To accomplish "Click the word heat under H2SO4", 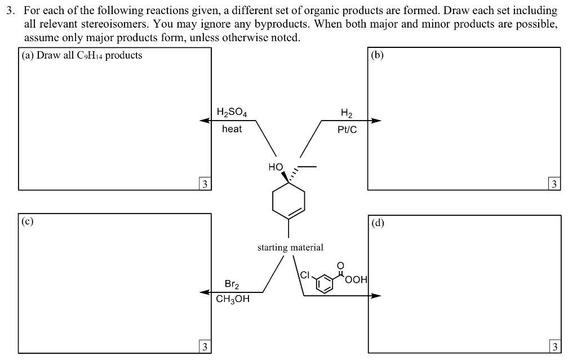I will [x=232, y=129].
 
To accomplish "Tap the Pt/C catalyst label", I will [x=347, y=130].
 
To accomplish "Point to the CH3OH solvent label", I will [x=232, y=299].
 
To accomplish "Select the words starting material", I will [x=290, y=247].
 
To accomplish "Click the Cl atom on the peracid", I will [x=305, y=275].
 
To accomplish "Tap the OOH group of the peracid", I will [x=357, y=279].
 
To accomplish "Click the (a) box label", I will [x=27, y=55].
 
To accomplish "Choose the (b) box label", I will [x=378, y=55].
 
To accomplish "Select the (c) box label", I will [x=27, y=221].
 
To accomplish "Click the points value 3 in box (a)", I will [x=205, y=184].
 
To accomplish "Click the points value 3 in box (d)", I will [x=555, y=346].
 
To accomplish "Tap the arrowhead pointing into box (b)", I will [x=375, y=120].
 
